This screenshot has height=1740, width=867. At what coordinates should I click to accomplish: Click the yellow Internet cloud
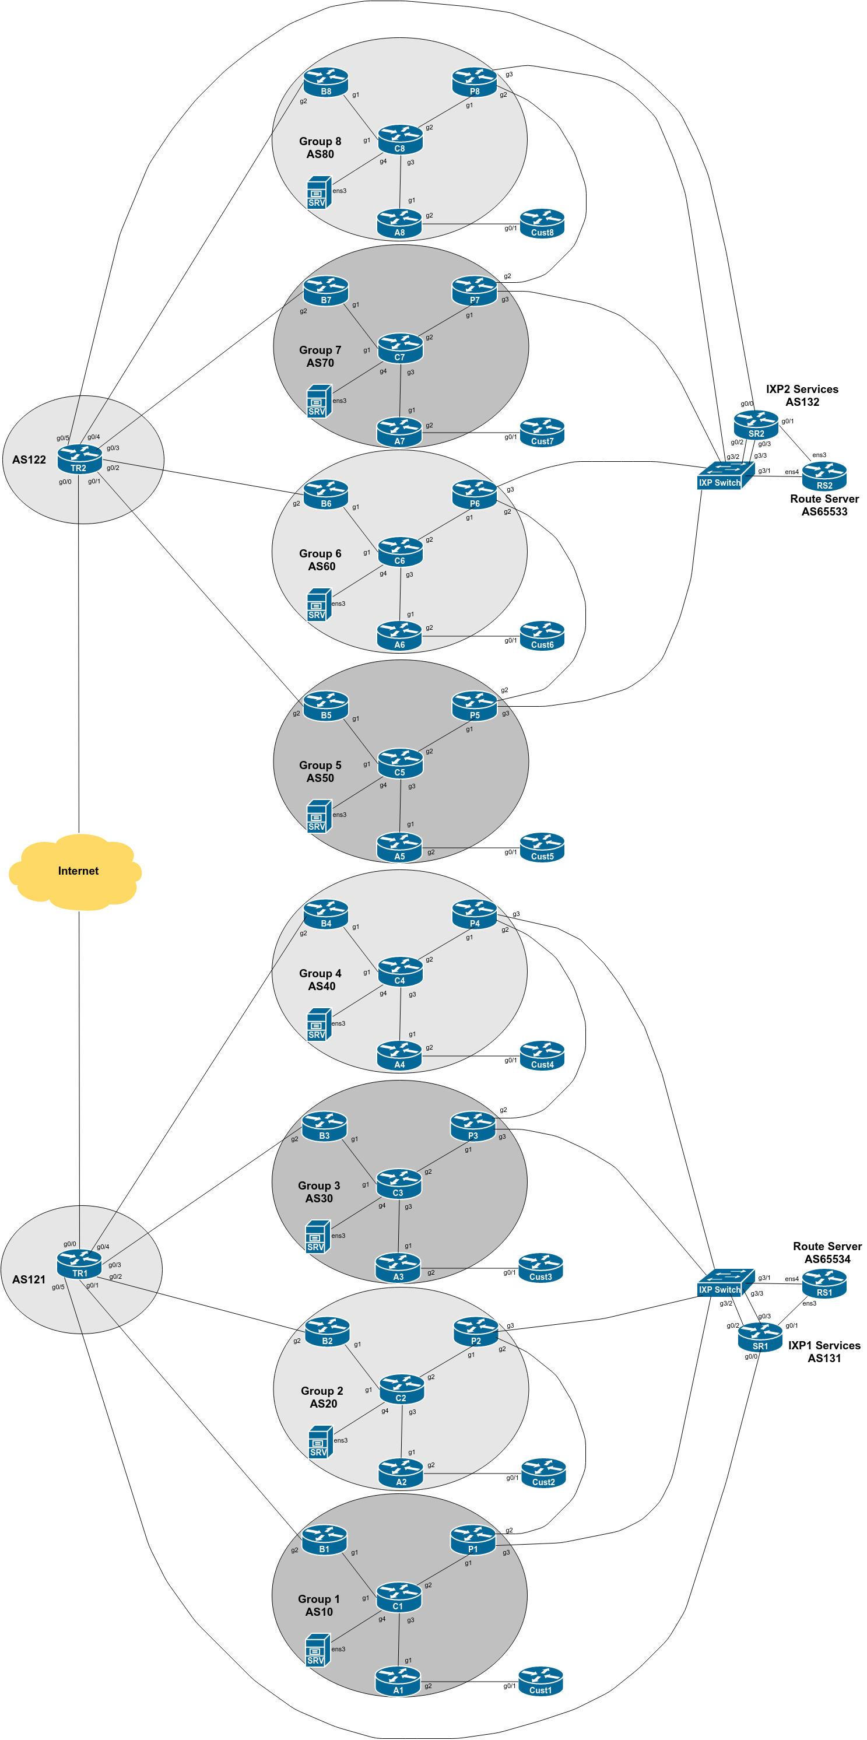point(76,871)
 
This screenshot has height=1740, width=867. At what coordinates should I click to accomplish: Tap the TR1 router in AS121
point(79,1264)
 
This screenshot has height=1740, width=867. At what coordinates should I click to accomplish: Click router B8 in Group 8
point(325,82)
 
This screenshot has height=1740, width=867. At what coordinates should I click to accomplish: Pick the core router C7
point(400,349)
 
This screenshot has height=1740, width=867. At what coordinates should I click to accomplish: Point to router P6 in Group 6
point(474,494)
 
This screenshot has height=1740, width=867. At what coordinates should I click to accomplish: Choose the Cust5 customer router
point(542,848)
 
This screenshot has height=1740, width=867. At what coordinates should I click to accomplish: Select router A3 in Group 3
point(398,1268)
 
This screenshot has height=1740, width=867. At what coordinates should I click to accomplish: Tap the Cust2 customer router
point(543,1473)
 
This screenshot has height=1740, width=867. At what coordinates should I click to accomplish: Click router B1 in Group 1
point(324,1540)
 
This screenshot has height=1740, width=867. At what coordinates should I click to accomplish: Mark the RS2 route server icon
point(824,477)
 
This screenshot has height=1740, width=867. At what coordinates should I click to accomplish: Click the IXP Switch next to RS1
point(725,1283)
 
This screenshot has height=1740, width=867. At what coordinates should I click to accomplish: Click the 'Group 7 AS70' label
point(320,357)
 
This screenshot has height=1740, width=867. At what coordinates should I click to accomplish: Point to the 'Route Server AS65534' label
point(827,1253)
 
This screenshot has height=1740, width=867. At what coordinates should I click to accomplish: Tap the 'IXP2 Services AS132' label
point(802,395)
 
